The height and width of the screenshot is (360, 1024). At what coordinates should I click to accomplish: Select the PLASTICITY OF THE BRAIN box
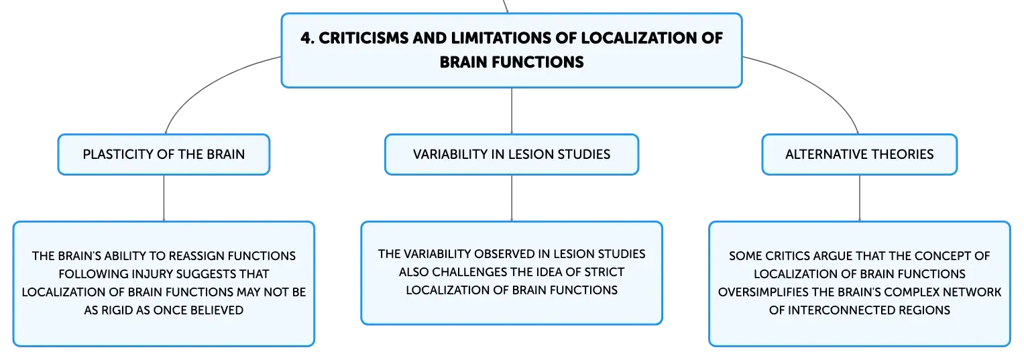(164, 154)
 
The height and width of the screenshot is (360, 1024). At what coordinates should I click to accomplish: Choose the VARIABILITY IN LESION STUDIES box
(512, 154)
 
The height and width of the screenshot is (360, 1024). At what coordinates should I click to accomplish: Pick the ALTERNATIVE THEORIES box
(860, 154)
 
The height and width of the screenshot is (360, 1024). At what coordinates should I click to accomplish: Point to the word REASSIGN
(194, 256)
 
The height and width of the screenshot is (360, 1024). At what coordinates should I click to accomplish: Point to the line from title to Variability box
(512, 111)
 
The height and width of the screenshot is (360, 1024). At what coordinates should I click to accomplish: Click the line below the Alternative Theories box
(860, 198)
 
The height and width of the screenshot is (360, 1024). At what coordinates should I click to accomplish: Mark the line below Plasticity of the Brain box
(164, 198)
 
